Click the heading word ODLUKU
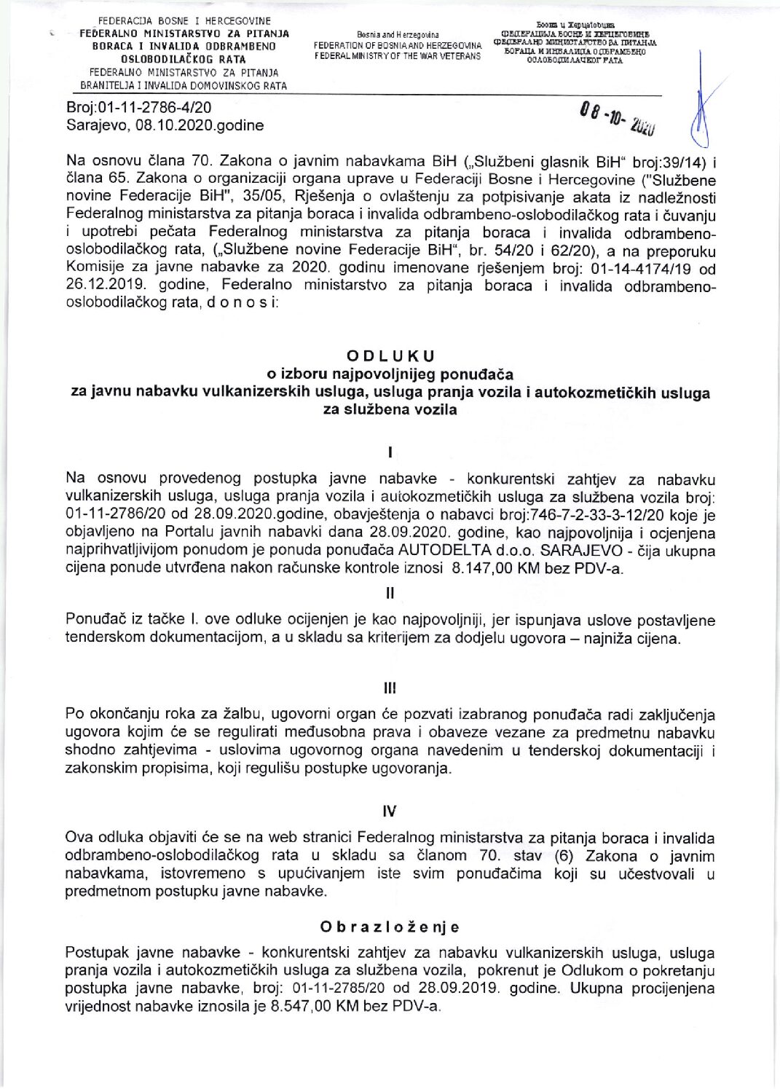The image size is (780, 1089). tap(390, 356)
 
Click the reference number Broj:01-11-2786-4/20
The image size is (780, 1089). tap(138, 108)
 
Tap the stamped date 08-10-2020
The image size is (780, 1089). tap(618, 119)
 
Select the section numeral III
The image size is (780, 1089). tap(390, 688)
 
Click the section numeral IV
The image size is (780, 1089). tap(390, 811)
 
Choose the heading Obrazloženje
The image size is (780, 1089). tap(390, 927)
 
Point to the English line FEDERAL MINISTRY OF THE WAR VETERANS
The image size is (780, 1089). tap(398, 56)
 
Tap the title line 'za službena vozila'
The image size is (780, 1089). tap(390, 410)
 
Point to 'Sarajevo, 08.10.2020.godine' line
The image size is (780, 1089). tap(165, 125)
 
